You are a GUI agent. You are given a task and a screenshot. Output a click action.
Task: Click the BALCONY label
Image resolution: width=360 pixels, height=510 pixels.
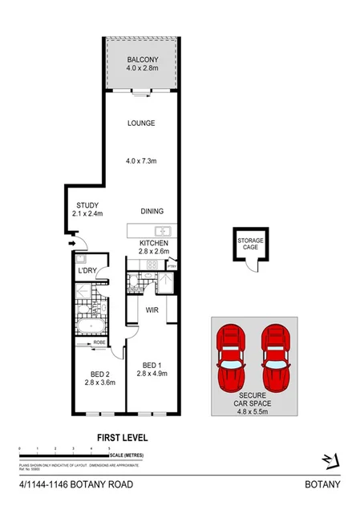click(142, 60)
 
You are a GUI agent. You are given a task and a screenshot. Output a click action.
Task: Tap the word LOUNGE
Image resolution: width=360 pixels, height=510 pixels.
click(141, 123)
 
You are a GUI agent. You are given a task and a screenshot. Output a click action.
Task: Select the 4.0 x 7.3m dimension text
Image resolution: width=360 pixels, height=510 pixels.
click(141, 161)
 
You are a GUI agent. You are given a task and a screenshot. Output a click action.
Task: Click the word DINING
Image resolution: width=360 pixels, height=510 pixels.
click(152, 212)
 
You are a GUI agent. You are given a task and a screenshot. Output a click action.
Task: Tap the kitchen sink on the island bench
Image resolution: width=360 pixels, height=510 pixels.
click(160, 232)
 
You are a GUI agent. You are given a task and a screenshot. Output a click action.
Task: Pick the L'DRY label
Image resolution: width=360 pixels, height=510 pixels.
click(87, 270)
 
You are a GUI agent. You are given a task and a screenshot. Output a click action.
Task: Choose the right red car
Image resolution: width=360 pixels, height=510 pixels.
click(275, 356)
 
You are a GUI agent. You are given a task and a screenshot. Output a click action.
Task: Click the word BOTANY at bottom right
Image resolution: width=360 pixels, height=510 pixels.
click(323, 484)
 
